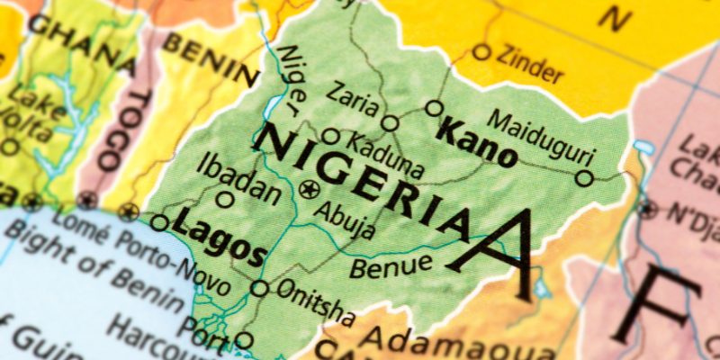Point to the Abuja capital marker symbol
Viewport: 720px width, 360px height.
[x=310, y=189]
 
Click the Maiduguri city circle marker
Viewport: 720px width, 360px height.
[x=584, y=178]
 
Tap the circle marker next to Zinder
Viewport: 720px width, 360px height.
[x=481, y=52]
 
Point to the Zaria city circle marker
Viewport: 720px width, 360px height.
[x=390, y=123]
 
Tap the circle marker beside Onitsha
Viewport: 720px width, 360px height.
[x=259, y=288]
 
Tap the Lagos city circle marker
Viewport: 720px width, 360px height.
[x=160, y=221]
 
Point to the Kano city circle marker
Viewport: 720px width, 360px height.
[x=435, y=109]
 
